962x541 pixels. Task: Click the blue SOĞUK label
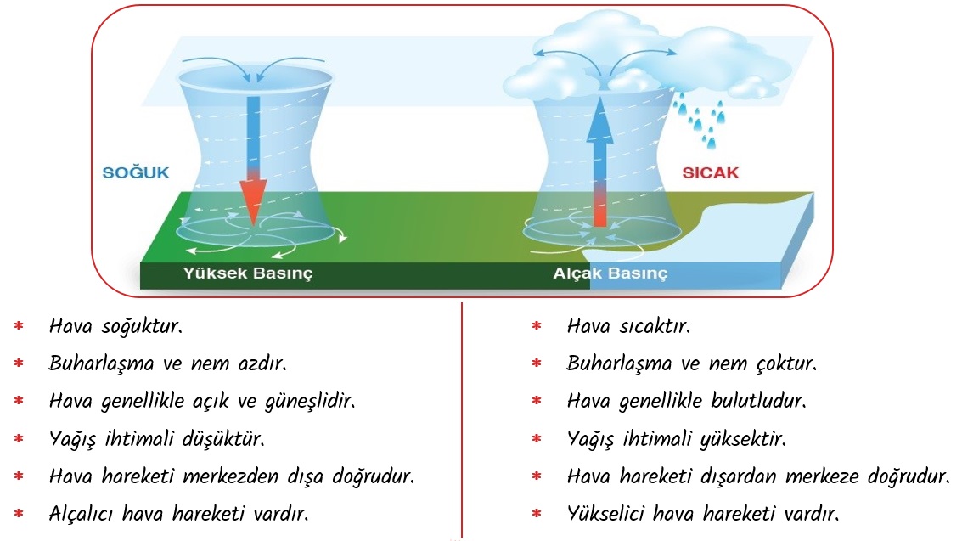pos(136,172)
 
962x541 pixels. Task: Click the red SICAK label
pos(711,172)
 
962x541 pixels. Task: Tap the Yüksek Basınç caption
pos(248,273)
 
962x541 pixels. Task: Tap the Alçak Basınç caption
pos(610,273)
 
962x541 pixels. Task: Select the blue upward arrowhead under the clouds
pos(600,120)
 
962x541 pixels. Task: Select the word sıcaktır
pos(655,326)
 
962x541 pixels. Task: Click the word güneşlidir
pos(310,402)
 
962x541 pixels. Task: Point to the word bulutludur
pos(759,401)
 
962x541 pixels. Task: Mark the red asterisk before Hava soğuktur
pos(19,326)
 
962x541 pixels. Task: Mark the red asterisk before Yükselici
pos(537,513)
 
